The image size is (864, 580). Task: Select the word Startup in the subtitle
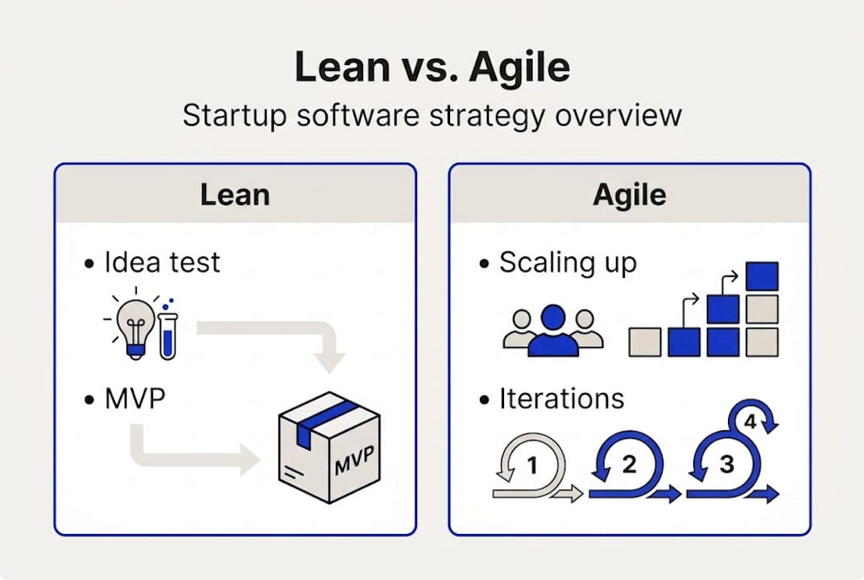coord(230,114)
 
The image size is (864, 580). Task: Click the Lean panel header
coord(234,195)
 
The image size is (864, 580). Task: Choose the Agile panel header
coord(629,195)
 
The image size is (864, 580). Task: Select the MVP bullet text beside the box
coord(134,400)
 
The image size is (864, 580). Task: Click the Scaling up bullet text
coord(568,262)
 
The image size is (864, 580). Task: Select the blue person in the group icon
coord(552,330)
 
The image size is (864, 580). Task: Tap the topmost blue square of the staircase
coord(761,276)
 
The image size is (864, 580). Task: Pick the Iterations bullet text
coord(561,399)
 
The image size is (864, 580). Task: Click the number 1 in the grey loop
coord(531,465)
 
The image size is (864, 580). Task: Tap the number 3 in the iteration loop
coord(726,465)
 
